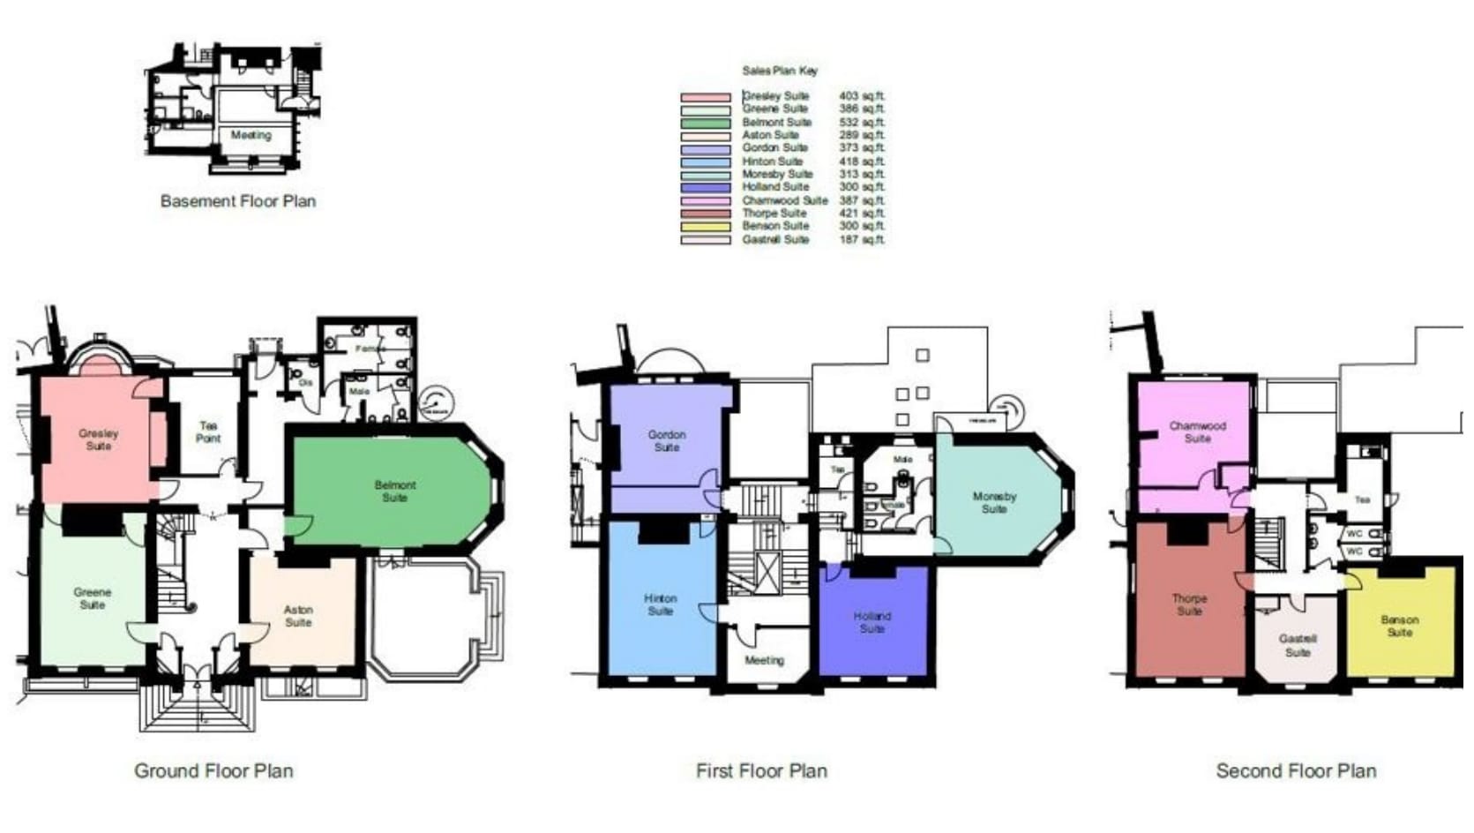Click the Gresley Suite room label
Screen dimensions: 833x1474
98,439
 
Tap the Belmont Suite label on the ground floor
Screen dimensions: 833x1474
394,492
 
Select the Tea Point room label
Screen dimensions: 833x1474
208,432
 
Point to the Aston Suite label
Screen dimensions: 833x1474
298,616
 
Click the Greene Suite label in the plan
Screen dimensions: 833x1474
93,598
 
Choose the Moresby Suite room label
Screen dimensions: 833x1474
994,503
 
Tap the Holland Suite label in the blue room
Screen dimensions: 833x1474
872,622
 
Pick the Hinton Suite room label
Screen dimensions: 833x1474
660,604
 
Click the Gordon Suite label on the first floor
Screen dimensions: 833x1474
667,440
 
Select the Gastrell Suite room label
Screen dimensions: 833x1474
1298,645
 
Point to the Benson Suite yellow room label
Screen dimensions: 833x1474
1400,626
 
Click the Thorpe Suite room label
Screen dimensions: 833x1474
1189,604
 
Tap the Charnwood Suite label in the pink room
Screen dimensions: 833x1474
1197,432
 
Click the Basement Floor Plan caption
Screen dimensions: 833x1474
238,201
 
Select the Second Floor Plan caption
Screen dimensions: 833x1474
1296,771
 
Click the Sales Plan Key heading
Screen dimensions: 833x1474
780,71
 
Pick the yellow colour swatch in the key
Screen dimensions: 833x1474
706,227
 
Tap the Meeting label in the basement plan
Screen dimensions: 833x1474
251,136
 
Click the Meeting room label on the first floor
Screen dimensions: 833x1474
764,660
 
